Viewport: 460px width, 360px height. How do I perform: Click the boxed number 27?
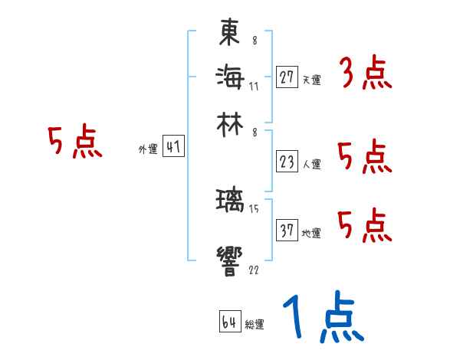point(287,77)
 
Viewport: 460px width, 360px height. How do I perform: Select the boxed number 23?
point(287,162)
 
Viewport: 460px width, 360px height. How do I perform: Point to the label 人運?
point(311,164)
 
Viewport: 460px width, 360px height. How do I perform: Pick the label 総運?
point(255,325)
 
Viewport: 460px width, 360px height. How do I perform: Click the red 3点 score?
point(365,74)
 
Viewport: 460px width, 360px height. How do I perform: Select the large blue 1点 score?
point(322,319)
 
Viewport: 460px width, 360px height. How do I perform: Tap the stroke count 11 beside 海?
point(254,87)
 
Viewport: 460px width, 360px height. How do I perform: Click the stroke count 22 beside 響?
point(254,270)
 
